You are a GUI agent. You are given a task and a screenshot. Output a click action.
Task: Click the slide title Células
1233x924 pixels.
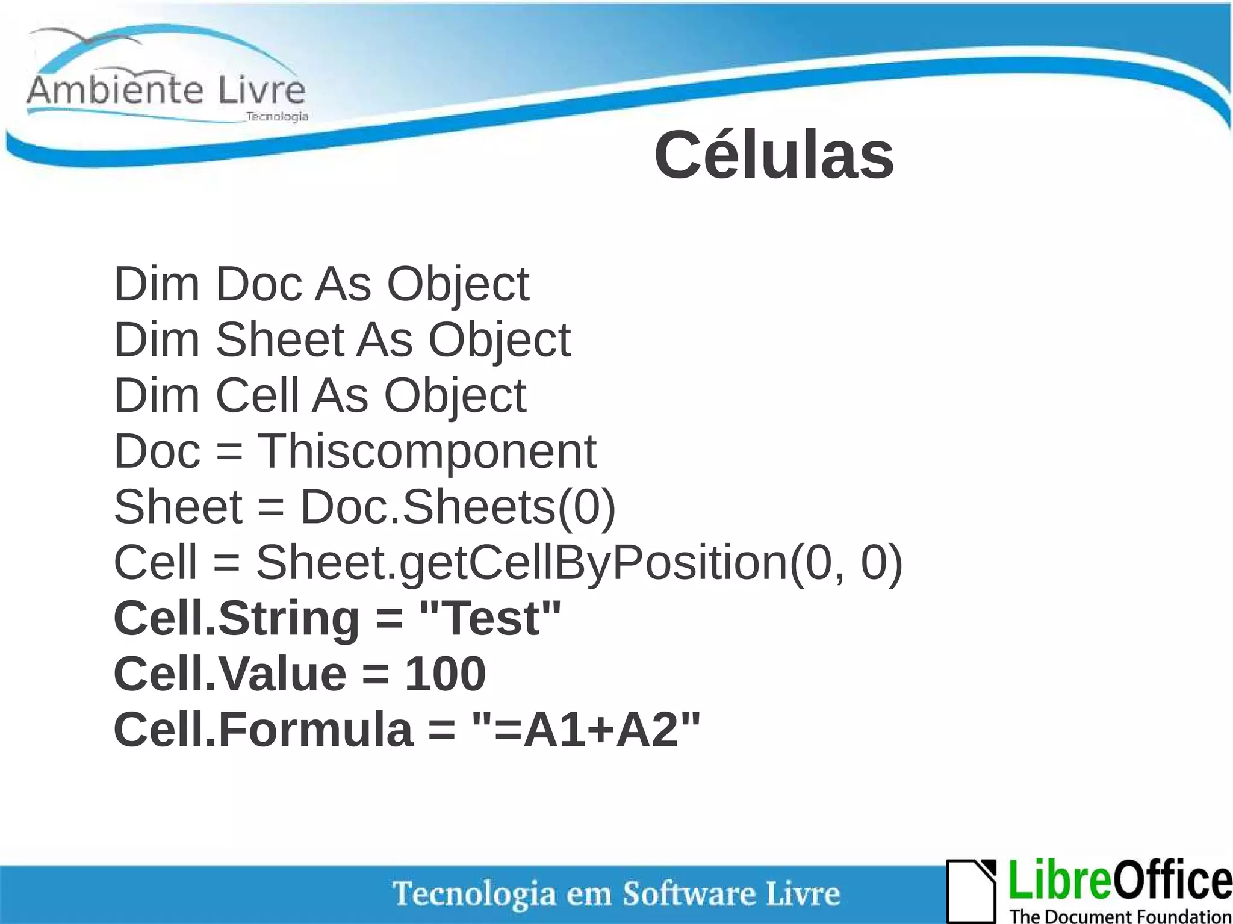point(774,155)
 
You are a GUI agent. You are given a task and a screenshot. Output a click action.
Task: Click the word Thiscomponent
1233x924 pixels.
point(427,451)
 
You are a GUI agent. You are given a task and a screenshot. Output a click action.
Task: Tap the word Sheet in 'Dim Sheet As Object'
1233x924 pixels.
point(279,340)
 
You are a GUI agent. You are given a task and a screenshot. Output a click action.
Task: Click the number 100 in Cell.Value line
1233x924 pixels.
point(445,674)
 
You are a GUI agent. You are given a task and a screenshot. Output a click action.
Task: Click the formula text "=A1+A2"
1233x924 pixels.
point(586,729)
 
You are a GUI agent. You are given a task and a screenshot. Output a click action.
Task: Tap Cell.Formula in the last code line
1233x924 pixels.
point(263,729)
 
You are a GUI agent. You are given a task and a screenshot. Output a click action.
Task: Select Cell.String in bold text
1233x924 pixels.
point(237,618)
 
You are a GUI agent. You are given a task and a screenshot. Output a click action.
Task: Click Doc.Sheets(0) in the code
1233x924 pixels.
point(458,507)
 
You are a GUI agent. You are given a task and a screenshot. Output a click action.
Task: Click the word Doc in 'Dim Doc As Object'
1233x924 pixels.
point(259,284)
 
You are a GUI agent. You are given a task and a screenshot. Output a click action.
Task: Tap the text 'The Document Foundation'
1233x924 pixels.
point(1120,916)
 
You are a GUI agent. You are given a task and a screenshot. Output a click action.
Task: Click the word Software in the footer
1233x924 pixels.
point(689,893)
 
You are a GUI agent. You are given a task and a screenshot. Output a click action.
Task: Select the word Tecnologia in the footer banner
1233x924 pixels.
point(474,893)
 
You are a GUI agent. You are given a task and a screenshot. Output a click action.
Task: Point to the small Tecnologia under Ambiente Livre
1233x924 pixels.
point(277,117)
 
